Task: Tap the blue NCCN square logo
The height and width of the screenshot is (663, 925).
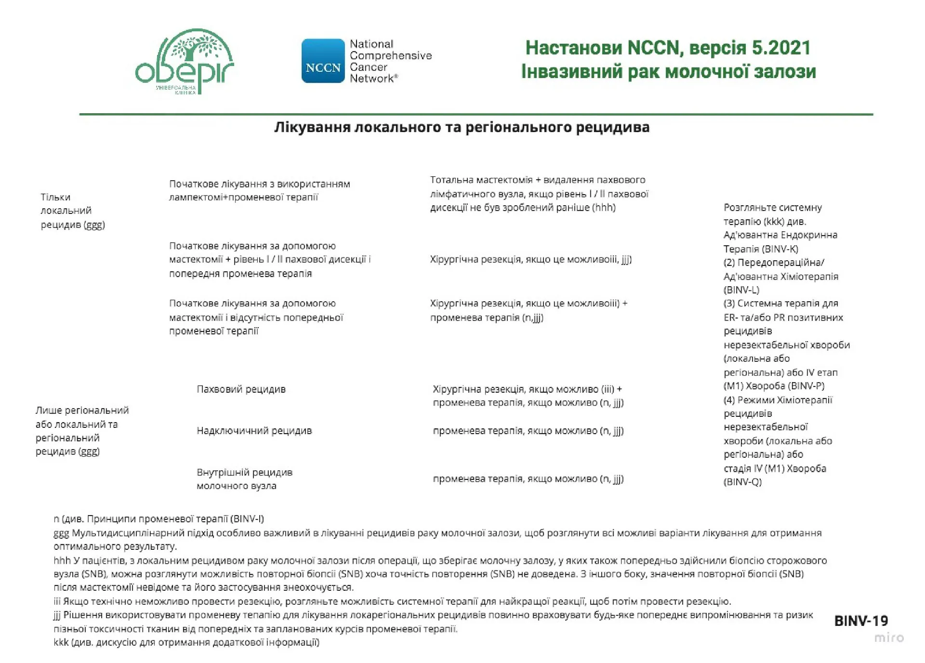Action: coord(323,61)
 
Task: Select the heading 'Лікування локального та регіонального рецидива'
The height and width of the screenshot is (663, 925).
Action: coord(462,127)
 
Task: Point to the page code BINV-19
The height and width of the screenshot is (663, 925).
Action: coord(860,621)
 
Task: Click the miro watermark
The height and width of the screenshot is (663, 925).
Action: coord(889,637)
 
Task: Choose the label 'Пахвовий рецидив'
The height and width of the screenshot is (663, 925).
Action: coord(241,389)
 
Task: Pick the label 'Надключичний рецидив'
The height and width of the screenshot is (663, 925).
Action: coord(254,431)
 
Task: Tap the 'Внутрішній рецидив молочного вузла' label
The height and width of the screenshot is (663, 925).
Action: coord(244,479)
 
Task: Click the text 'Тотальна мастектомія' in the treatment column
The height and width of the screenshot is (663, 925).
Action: coord(481,180)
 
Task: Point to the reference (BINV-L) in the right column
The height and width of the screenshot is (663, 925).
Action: coord(741,290)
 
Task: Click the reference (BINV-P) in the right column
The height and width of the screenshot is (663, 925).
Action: coord(805,386)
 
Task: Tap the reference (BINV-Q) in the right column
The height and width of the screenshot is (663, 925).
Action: coord(742,482)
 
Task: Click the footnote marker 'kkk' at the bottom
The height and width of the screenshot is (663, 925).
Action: coord(61,642)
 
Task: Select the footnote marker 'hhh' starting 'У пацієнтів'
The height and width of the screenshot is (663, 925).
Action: coord(62,560)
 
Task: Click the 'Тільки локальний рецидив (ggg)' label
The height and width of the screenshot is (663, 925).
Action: coord(72,211)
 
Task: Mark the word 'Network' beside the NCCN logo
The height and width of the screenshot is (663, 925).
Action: coord(371,79)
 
